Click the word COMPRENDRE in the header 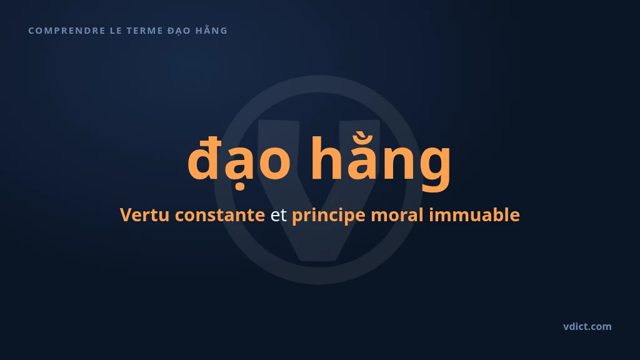[x=67, y=31]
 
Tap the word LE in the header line [x=116, y=31]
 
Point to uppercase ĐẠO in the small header [x=179, y=31]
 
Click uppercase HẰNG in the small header [x=211, y=30]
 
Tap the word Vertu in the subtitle [x=144, y=215]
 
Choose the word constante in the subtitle [x=219, y=215]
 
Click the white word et [x=278, y=216]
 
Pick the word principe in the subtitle [x=329, y=216]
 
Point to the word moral [x=397, y=215]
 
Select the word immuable [x=474, y=215]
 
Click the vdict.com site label [x=587, y=326]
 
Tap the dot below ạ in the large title [x=241, y=187]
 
